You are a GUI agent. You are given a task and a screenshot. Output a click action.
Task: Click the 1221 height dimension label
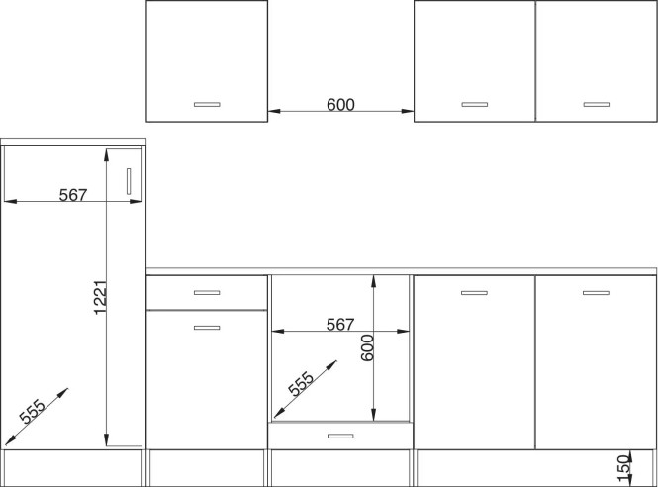click(x=101, y=297)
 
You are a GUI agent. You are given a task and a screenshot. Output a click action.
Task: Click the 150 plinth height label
click(x=624, y=467)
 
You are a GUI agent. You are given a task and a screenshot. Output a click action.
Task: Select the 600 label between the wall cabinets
click(x=340, y=105)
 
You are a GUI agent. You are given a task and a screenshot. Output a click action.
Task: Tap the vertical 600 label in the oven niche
click(x=367, y=347)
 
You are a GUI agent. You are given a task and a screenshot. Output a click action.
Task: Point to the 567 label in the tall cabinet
click(x=73, y=195)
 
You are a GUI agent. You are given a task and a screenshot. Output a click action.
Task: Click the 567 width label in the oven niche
click(x=340, y=324)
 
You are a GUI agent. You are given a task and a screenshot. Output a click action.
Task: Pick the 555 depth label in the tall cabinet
click(x=32, y=411)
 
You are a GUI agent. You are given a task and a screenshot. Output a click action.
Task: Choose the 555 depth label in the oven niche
click(x=301, y=384)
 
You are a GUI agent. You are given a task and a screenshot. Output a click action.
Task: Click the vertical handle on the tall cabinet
click(x=129, y=181)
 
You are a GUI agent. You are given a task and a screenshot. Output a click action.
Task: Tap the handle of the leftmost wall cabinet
click(x=207, y=104)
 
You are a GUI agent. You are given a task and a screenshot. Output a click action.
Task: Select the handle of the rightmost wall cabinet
click(x=597, y=104)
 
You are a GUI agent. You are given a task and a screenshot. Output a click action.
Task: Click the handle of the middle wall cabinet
click(x=475, y=104)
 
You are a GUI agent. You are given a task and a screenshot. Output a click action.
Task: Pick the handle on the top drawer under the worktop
click(x=207, y=292)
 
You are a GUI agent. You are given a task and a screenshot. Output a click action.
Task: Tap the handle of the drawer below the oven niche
click(x=340, y=436)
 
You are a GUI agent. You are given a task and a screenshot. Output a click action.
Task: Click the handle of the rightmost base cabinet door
click(x=596, y=293)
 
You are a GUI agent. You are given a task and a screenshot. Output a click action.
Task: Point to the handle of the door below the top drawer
click(x=207, y=328)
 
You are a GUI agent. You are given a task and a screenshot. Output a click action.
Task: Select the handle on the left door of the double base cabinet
click(x=474, y=293)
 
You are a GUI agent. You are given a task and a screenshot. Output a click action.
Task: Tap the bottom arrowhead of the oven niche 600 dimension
click(x=373, y=415)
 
